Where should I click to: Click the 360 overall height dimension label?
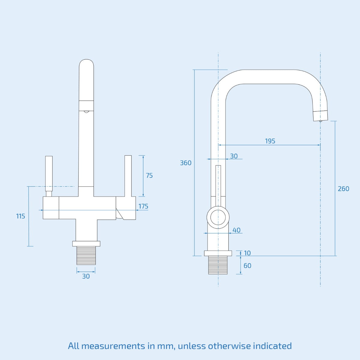185,163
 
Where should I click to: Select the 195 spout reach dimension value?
270,141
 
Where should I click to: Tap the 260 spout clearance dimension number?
343,189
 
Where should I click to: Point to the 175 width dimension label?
143,206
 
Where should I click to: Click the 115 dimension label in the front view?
21,216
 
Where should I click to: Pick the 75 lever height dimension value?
149,175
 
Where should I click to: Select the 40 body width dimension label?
236,230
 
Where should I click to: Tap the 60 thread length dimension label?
247,266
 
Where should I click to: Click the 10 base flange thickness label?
247,253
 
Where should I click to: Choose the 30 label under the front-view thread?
86,276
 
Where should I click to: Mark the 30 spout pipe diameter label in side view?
234,156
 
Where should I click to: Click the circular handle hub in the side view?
218,217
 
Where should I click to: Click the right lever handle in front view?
128,175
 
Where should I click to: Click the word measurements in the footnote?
113,346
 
